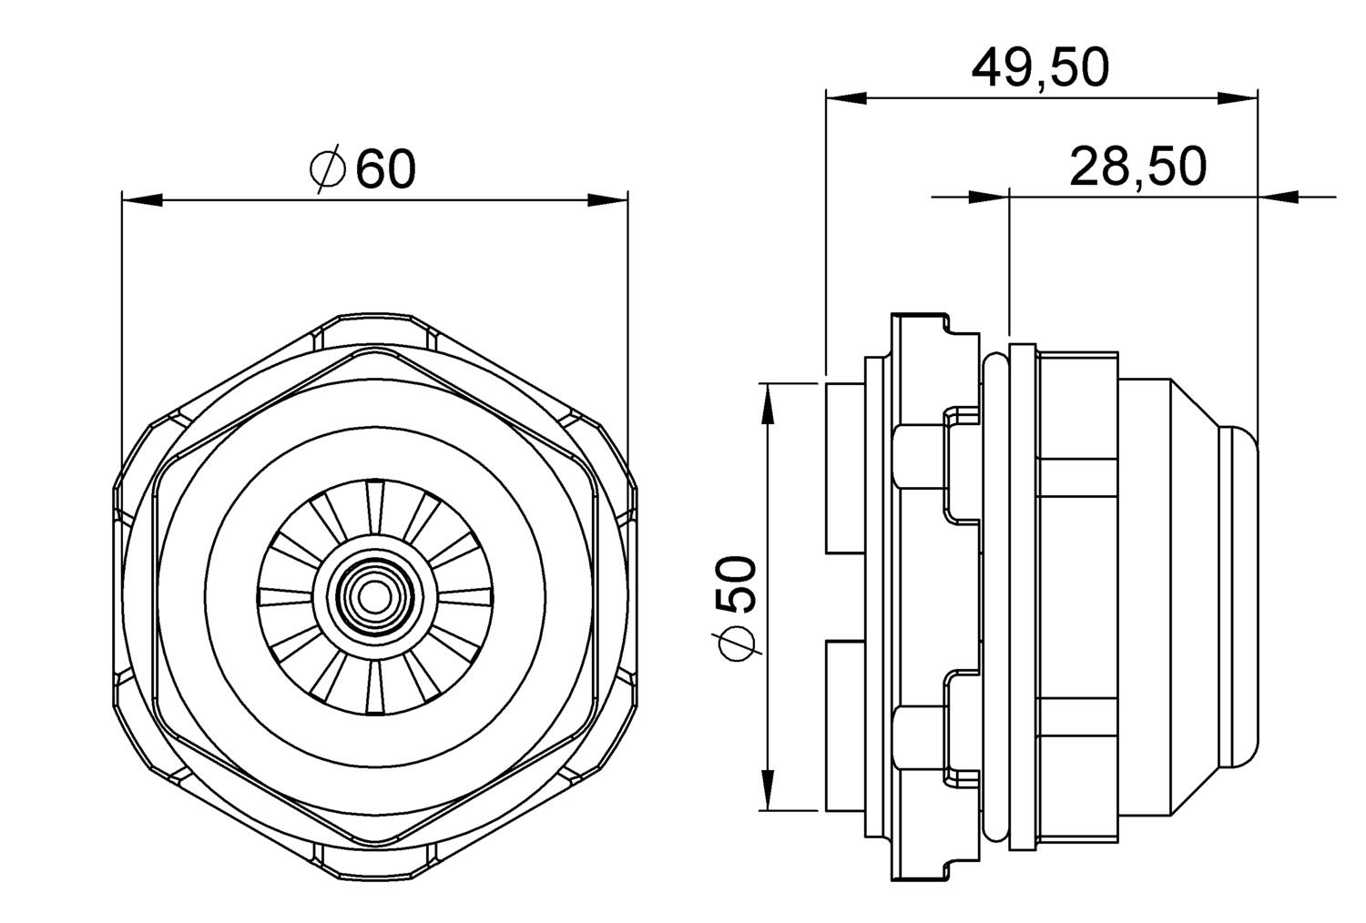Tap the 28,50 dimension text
point(1137,167)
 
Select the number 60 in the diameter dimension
point(385,168)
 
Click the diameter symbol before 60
point(327,168)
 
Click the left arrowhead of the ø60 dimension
point(141,199)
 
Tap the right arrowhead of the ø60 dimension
point(607,199)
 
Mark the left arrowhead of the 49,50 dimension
point(844,97)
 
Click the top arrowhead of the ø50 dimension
point(769,404)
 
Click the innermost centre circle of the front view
point(372,597)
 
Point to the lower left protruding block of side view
point(844,725)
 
